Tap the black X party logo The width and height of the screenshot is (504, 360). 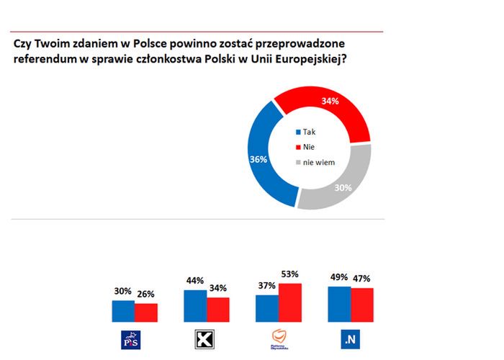pyautogui.click(x=206, y=338)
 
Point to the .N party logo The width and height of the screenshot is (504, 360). pyautogui.click(x=351, y=338)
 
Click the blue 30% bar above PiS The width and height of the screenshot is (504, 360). pyautogui.click(x=123, y=310)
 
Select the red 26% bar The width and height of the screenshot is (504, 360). pyautogui.click(x=145, y=312)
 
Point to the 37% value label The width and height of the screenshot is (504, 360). pyautogui.click(x=267, y=286)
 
